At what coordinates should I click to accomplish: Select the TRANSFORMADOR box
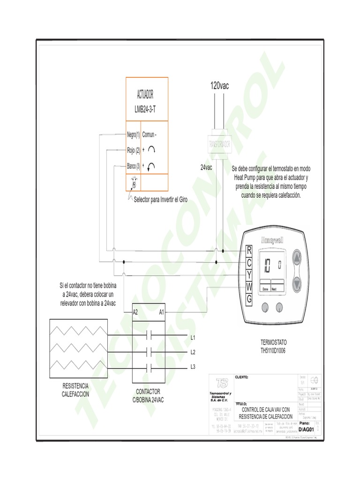click(x=219, y=144)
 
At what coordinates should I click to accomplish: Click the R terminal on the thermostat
click(x=249, y=250)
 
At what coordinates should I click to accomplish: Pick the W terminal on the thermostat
click(x=249, y=286)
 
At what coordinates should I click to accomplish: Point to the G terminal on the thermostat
click(x=249, y=298)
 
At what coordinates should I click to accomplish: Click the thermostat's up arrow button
click(x=297, y=258)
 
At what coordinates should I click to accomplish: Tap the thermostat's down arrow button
click(x=297, y=283)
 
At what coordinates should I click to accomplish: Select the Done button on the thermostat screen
click(x=266, y=289)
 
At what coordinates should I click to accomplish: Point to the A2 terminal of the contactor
click(x=135, y=312)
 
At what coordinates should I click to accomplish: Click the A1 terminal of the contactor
click(x=162, y=312)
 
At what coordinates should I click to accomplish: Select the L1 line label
click(x=193, y=337)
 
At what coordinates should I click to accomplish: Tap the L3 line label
click(x=193, y=367)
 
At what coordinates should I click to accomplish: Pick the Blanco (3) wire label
click(x=134, y=165)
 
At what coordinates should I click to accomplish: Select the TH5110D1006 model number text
click(x=272, y=351)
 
